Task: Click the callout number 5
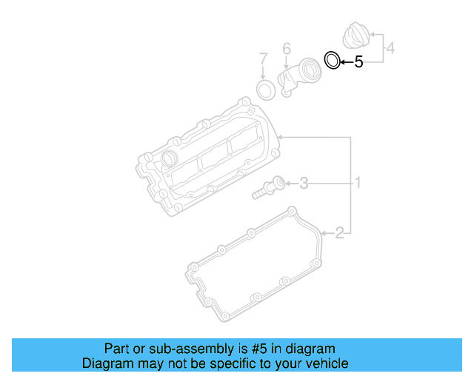358,62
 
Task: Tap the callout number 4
391,49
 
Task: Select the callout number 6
286,50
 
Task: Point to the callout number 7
263,58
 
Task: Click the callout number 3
304,183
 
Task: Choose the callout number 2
339,234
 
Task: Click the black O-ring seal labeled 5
333,60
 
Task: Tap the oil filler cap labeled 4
357,37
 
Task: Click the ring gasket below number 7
264,90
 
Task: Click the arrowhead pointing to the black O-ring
344,62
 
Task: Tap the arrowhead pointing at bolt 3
290,182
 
